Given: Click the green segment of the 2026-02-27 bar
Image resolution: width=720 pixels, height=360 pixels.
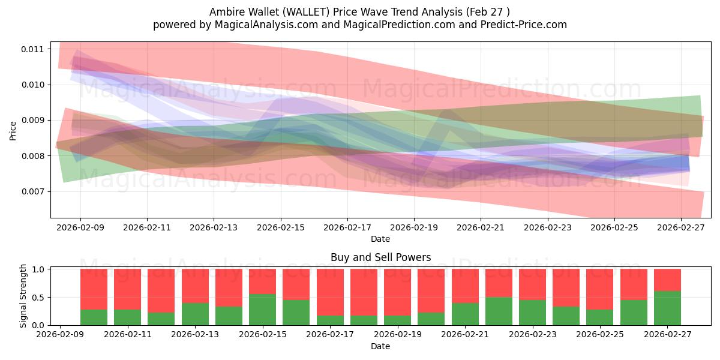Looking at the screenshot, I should point(667,308).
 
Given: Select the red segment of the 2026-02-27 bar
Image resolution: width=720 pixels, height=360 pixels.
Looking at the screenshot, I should point(667,280).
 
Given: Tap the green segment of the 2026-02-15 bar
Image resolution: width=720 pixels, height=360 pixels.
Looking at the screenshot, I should point(262,310).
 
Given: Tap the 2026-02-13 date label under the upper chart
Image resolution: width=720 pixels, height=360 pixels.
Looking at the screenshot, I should point(214,227).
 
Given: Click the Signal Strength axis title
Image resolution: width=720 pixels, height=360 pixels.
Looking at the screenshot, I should point(24,296).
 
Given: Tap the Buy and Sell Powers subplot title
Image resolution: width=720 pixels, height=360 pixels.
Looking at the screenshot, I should point(380,257).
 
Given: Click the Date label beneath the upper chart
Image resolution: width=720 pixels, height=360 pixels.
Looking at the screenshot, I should point(380,239).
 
